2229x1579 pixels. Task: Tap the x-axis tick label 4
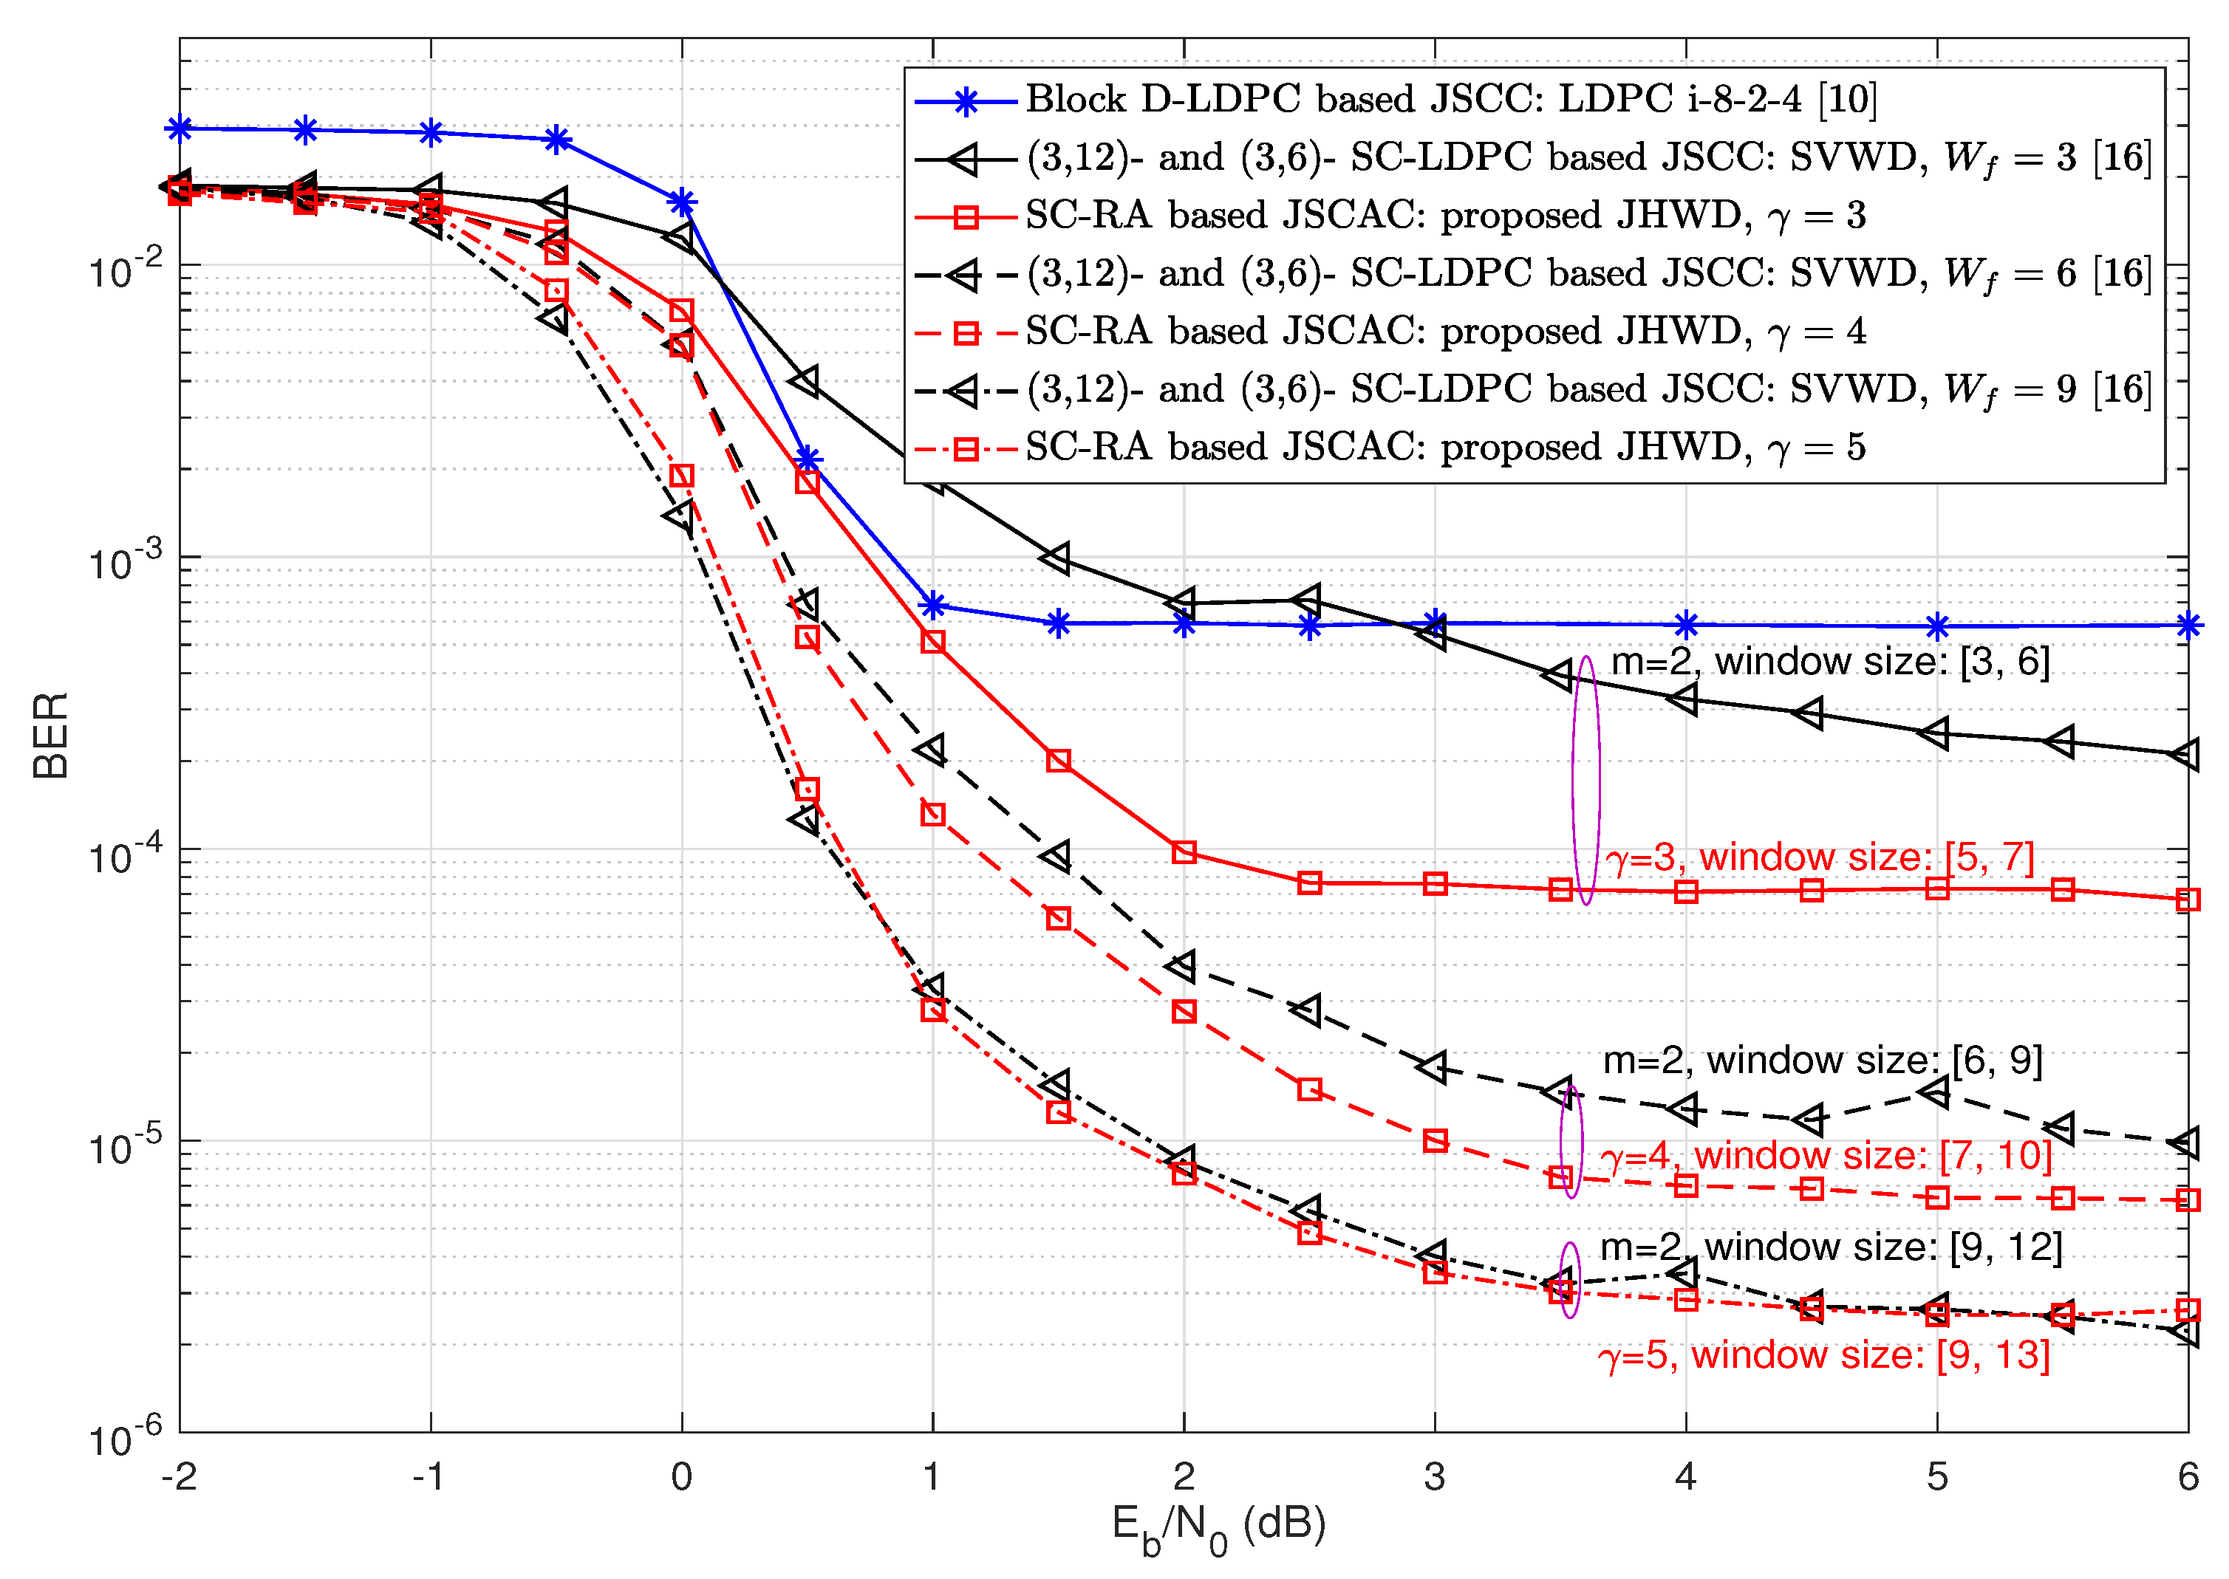click(1685, 1476)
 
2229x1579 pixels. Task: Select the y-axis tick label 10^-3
click(124, 561)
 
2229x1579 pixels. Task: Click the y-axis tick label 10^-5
click(124, 1145)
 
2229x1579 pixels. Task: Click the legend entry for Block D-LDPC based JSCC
click(1449, 98)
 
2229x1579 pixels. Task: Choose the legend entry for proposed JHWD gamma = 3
click(1444, 215)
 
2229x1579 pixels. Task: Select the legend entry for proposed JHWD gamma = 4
click(1444, 332)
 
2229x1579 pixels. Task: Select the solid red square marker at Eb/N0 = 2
click(1184, 852)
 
